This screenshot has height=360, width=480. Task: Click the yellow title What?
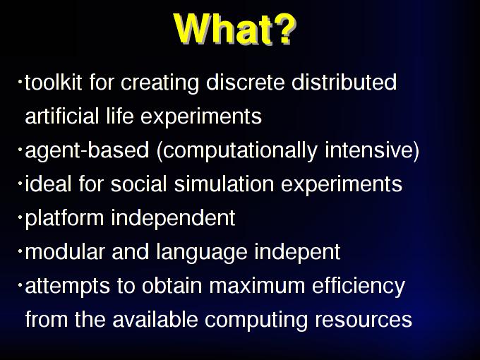[x=235, y=29]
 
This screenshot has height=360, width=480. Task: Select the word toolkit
[x=53, y=82]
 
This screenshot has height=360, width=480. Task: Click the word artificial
[x=62, y=116]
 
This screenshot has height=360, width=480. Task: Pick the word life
[x=120, y=116]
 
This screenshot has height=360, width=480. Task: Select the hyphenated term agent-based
[x=87, y=150]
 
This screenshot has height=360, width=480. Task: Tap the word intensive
[x=368, y=150]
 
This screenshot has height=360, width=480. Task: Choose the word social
[x=138, y=184]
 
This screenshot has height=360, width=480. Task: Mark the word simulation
[x=224, y=184]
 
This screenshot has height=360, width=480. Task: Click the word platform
[x=64, y=219]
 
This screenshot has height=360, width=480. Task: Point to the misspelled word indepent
[x=297, y=253]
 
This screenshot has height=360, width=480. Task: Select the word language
[x=201, y=253]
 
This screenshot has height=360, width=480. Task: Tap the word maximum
[x=257, y=286]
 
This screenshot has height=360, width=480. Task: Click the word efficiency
[x=359, y=287]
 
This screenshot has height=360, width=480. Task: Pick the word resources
[x=364, y=320]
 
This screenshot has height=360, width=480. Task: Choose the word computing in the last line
[x=256, y=320]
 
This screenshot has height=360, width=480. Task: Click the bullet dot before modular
[x=20, y=251]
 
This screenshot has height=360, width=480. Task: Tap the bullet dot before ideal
[x=20, y=183]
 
